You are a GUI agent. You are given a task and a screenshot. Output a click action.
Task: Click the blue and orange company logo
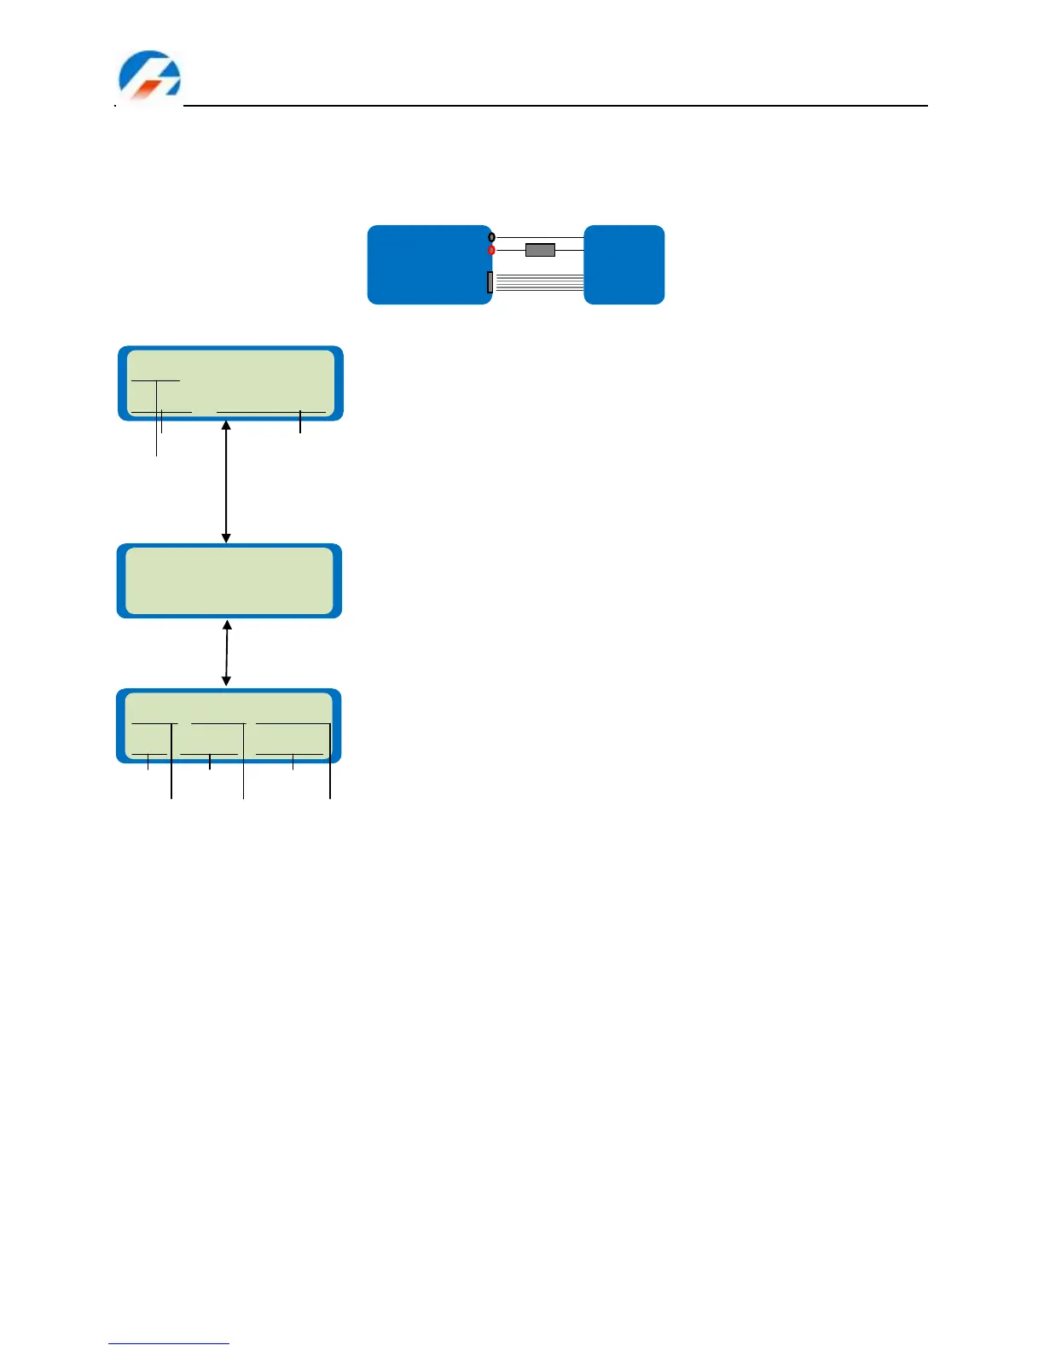[x=149, y=76]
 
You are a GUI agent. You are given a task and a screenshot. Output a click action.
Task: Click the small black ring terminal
[x=491, y=236]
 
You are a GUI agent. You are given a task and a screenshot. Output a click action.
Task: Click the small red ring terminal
[x=491, y=250]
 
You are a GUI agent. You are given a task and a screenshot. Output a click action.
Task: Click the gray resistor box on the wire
[x=540, y=250]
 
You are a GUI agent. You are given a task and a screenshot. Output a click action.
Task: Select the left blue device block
[x=426, y=264]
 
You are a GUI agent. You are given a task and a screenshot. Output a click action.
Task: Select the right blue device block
[x=624, y=264]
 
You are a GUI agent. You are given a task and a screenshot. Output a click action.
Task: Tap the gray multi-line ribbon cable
[x=539, y=282]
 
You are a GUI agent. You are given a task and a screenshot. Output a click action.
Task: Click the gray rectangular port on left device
[x=490, y=282]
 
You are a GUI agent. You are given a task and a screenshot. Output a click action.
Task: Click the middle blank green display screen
[x=229, y=580]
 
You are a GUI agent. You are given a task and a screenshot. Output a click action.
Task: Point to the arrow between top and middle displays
[x=226, y=482]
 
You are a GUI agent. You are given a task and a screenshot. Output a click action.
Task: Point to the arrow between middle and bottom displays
[x=227, y=653]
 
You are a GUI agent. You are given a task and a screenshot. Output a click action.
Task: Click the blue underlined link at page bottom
[x=169, y=1344]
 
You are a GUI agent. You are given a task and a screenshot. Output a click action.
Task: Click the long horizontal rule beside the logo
[x=554, y=106]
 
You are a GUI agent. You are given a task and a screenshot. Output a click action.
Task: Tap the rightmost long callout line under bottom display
[x=330, y=763]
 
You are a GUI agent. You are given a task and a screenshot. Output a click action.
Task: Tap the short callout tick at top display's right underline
[x=300, y=422]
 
